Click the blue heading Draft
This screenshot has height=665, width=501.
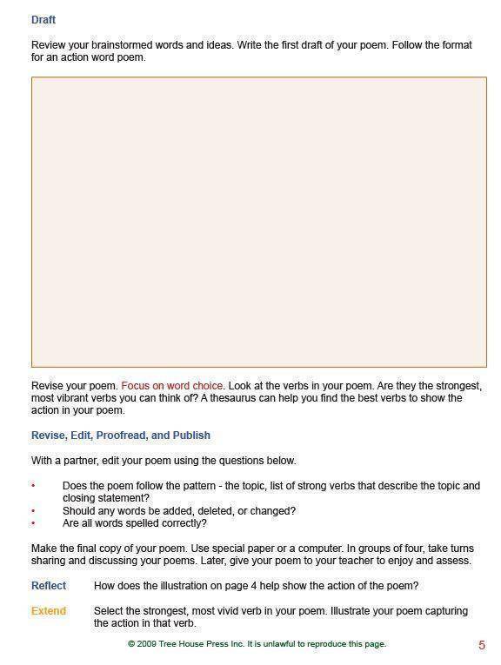point(43,19)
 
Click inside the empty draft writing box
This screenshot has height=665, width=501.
point(258,222)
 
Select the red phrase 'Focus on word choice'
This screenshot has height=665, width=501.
point(171,385)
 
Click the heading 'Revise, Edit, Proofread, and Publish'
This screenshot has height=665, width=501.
point(120,435)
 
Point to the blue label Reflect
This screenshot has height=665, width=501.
point(48,586)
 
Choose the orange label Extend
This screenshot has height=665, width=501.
point(48,611)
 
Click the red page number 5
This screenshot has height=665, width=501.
point(482,645)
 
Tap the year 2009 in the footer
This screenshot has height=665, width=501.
point(148,644)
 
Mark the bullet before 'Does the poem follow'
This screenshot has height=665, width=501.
point(33,487)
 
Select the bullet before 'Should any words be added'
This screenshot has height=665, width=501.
point(33,512)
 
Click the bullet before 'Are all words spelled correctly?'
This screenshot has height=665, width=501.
point(33,524)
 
